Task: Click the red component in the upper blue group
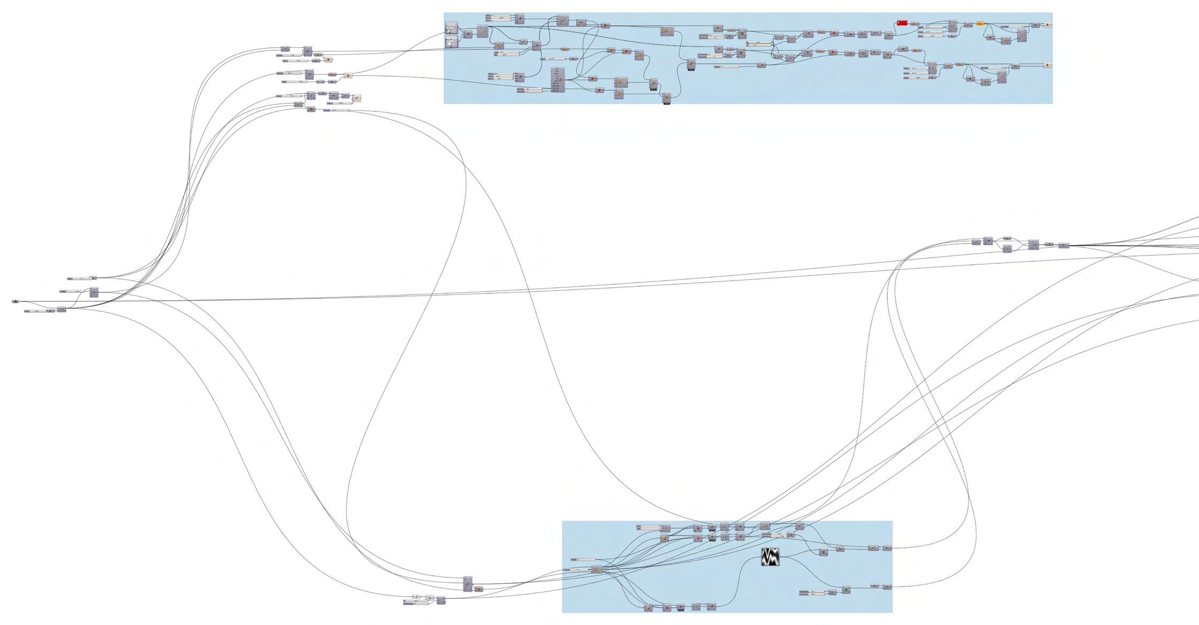pyautogui.click(x=902, y=23)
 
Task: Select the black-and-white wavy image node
pyautogui.click(x=770, y=557)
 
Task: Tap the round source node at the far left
pyautogui.click(x=15, y=302)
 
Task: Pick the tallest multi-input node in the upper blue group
pyautogui.click(x=558, y=80)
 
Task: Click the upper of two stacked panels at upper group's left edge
pyautogui.click(x=452, y=28)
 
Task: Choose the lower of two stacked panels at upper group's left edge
pyautogui.click(x=452, y=42)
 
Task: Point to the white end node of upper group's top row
pyautogui.click(x=1048, y=25)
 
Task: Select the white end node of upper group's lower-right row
pyautogui.click(x=1048, y=65)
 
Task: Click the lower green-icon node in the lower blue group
pyautogui.click(x=846, y=590)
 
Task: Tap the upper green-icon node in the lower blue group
pyautogui.click(x=824, y=552)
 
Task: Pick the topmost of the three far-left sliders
pyautogui.click(x=80, y=278)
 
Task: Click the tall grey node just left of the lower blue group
pyautogui.click(x=468, y=584)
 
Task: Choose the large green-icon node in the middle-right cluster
pyautogui.click(x=1033, y=245)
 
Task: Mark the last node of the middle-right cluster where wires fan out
pyautogui.click(x=1064, y=246)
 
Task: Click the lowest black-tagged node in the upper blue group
pyautogui.click(x=666, y=98)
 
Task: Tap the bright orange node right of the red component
pyautogui.click(x=980, y=24)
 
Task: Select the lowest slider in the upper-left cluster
pyautogui.click(x=336, y=110)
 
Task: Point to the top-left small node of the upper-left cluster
pyautogui.click(x=285, y=49)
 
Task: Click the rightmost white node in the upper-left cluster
pyautogui.click(x=357, y=98)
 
